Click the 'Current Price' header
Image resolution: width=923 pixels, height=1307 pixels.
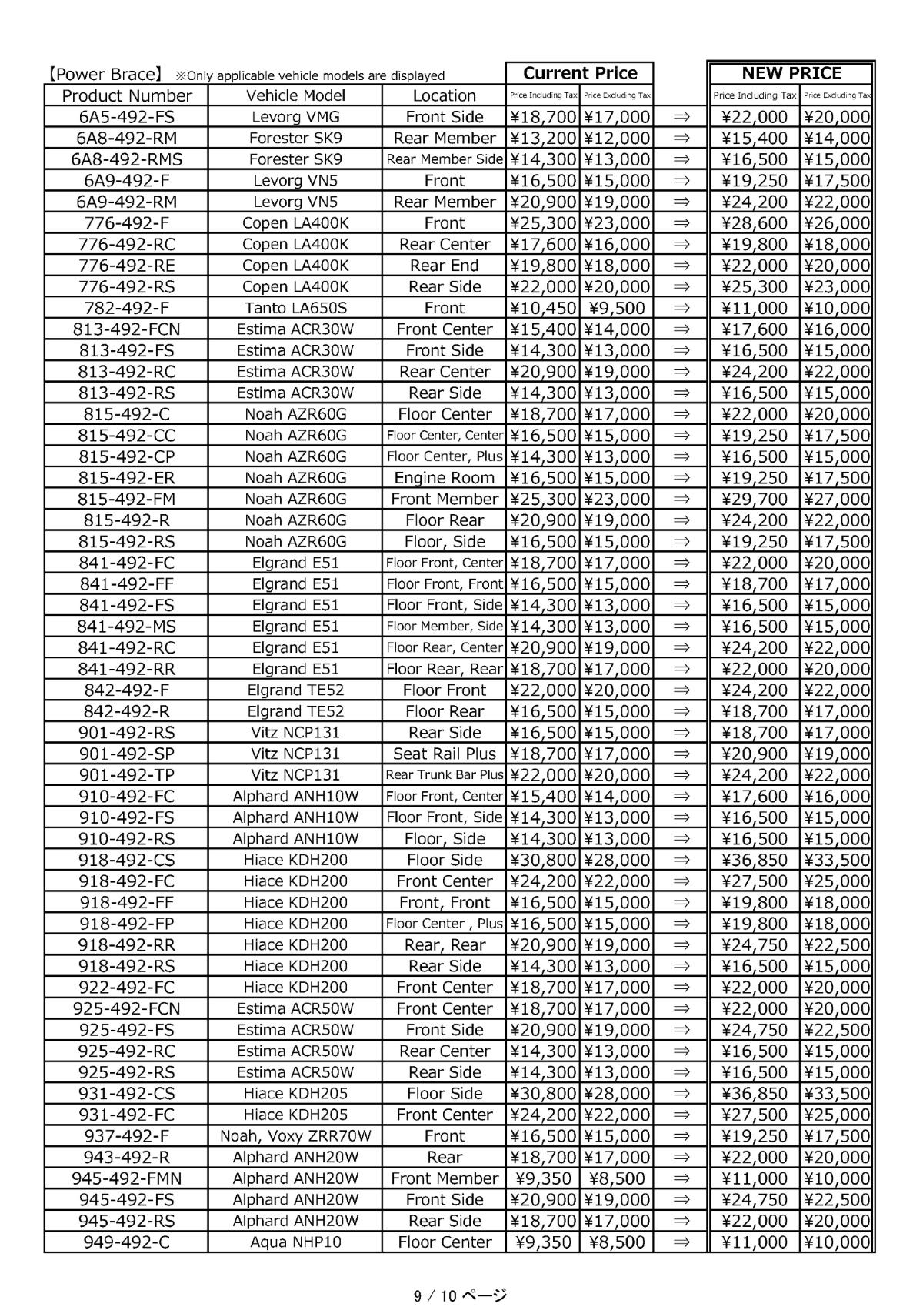[x=580, y=73]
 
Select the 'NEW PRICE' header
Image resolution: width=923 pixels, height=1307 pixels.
[x=791, y=73]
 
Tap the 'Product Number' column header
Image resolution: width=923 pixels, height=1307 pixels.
[x=127, y=95]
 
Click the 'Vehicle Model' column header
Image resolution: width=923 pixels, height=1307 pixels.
[x=295, y=95]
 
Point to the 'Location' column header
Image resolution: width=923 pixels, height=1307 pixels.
[x=444, y=95]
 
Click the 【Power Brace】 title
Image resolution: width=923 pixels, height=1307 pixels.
[x=103, y=75]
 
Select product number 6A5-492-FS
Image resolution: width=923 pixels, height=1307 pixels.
[x=127, y=117]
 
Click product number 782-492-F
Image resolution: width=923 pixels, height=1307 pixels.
[x=127, y=308]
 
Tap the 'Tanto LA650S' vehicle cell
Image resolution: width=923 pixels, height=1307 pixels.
[x=295, y=308]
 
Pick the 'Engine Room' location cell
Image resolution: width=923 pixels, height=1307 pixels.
[x=444, y=478]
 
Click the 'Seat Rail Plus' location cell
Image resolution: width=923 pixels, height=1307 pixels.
[x=444, y=754]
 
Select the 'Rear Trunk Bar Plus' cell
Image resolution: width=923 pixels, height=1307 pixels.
[x=444, y=775]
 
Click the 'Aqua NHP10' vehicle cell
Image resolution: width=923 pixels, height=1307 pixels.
[x=295, y=1242]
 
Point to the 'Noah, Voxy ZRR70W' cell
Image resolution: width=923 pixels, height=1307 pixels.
[x=295, y=1135]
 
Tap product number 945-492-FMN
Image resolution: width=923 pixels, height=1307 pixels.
[x=127, y=1178]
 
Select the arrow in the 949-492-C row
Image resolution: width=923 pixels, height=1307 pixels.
[x=681, y=1242]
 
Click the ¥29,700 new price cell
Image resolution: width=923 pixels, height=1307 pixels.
[x=755, y=499]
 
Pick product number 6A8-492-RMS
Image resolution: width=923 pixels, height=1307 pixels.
[x=127, y=159]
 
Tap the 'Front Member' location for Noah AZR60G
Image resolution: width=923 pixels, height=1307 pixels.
[x=444, y=499]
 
